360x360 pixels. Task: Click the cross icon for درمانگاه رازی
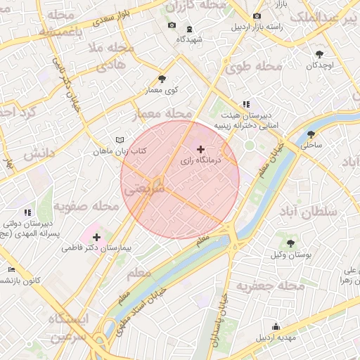[x=201, y=149]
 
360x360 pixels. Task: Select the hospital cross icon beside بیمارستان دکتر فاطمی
[x=96, y=237]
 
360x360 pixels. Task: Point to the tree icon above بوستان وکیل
[x=290, y=243]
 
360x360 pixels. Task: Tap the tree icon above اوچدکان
[x=319, y=53]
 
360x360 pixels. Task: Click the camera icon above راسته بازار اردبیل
[x=257, y=15]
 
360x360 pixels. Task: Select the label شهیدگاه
[x=190, y=39]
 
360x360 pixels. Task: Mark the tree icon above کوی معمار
[x=162, y=79]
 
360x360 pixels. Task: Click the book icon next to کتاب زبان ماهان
[x=120, y=139]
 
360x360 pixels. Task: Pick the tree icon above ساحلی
[x=311, y=134]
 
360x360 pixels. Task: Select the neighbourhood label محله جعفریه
[x=270, y=287]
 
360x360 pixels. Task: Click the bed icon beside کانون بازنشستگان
[x=11, y=269]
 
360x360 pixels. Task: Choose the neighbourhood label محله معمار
[x=166, y=113]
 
